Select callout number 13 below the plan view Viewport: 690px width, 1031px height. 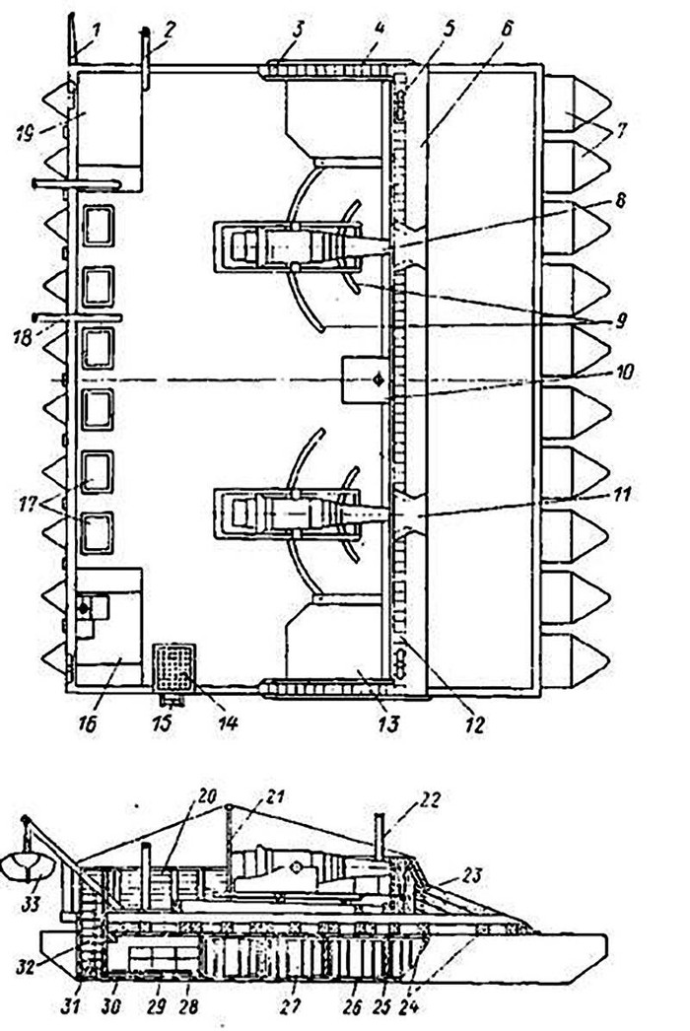tap(387, 723)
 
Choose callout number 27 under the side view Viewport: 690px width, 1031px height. tap(291, 1006)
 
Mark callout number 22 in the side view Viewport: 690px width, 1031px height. tap(431, 801)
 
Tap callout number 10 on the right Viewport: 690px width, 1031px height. tap(624, 373)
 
